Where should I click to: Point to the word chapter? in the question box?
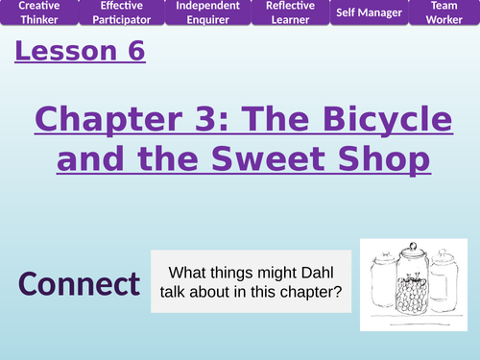(311, 292)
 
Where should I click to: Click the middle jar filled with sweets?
(410, 287)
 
